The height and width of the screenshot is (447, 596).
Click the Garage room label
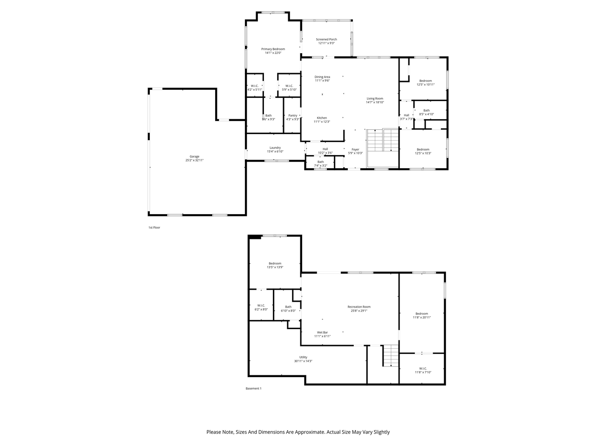coord(194,156)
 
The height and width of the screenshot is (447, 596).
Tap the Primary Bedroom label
coord(273,49)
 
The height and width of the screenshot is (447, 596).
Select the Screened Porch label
coord(326,40)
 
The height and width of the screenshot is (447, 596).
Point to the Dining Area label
coord(322,77)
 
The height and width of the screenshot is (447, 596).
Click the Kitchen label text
coord(322,118)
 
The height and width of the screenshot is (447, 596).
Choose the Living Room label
coord(375,99)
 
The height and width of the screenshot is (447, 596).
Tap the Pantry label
coord(293,115)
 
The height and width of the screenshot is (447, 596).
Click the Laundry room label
coord(275,148)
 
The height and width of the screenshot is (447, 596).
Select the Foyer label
coord(355,149)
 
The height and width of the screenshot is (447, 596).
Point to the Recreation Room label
coord(359,307)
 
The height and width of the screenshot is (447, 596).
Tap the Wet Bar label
coord(322,332)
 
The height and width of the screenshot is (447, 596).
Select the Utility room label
coord(303,357)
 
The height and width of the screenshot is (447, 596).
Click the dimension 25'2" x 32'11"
coord(194,160)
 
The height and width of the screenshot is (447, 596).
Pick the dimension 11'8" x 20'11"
coord(422,318)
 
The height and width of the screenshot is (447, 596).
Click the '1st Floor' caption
coord(154,228)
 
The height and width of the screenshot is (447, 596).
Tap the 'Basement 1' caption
coord(254,388)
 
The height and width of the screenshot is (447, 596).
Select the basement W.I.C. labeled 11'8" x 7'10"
coord(423,370)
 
